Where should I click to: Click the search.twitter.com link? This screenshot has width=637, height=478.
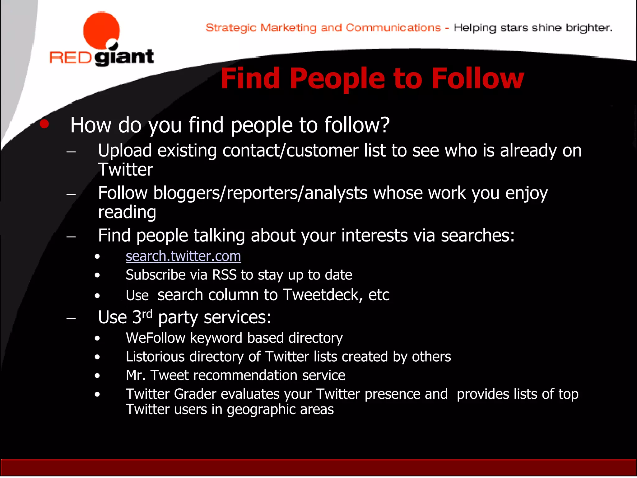click(x=183, y=256)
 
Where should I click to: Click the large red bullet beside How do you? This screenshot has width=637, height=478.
click(x=44, y=124)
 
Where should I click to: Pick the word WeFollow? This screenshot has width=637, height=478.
click(x=156, y=338)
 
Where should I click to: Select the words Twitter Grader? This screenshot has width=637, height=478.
click(x=171, y=394)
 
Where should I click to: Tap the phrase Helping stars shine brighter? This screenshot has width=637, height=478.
click(x=533, y=28)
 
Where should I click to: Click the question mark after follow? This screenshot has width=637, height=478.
click(x=385, y=125)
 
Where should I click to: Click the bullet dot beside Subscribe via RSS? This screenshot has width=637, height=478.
click(x=97, y=275)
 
